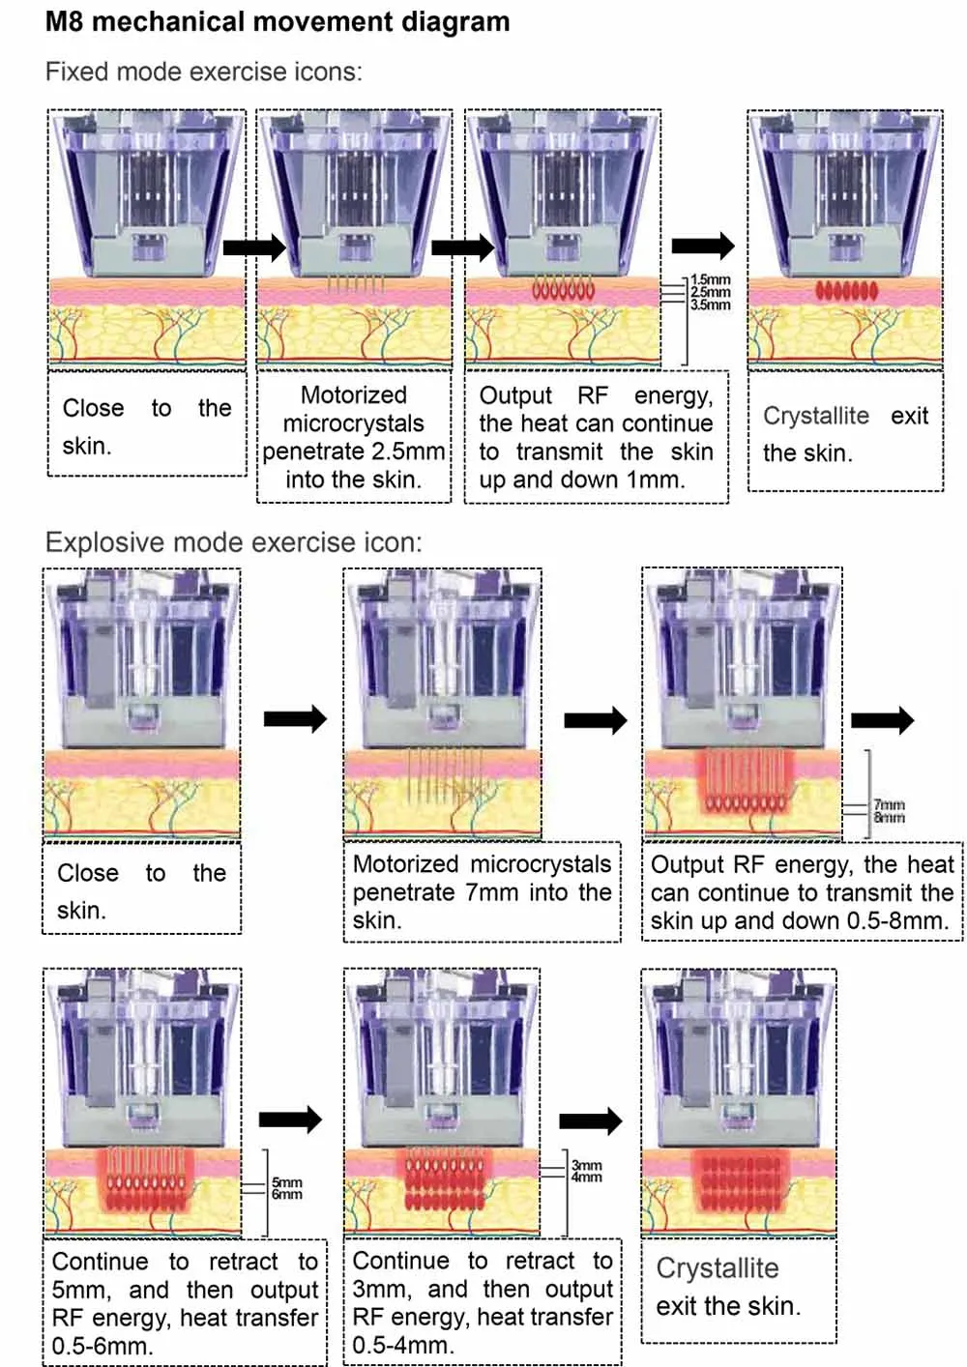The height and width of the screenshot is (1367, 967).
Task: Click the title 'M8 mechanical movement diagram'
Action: (278, 21)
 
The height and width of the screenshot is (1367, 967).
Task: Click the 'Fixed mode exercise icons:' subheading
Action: (204, 72)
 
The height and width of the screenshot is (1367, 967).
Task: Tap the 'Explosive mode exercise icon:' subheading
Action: (234, 542)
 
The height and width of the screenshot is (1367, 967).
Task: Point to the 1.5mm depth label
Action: (711, 280)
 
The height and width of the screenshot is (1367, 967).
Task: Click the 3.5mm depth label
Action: (711, 305)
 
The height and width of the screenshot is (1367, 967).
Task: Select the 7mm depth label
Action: (889, 804)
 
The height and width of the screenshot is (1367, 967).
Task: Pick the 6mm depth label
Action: (286, 1195)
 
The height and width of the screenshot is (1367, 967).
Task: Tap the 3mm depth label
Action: (586, 1166)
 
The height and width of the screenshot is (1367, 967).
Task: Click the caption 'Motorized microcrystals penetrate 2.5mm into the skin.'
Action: (354, 437)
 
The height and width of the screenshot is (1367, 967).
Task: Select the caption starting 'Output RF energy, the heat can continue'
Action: (596, 437)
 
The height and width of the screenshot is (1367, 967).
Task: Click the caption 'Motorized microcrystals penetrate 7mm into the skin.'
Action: (482, 892)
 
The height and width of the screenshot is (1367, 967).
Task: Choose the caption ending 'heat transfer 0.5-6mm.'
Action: (185, 1303)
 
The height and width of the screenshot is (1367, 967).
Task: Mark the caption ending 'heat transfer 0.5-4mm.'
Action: (483, 1302)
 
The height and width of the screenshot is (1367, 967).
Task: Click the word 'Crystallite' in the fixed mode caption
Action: (816, 416)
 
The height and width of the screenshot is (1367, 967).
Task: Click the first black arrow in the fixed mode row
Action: (254, 247)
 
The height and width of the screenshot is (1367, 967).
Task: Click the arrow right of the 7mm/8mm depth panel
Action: (882, 719)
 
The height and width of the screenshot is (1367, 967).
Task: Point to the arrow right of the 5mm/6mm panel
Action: (290, 1120)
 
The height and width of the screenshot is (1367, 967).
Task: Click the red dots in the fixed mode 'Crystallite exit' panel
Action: (846, 289)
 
